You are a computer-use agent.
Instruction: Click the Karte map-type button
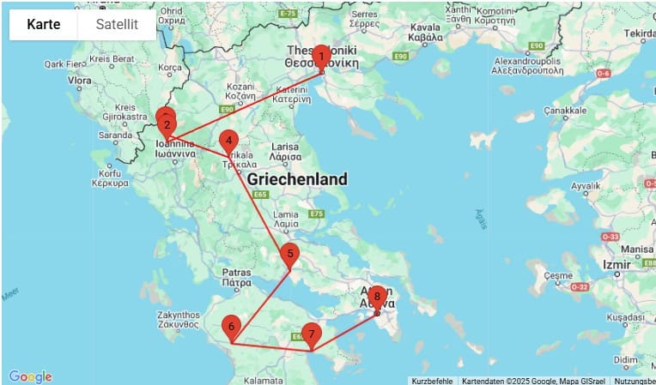point(44,25)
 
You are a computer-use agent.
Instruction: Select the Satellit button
point(117,25)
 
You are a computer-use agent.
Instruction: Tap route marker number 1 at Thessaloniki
point(320,57)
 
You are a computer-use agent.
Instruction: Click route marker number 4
point(228,141)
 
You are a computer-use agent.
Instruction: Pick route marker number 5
point(290,253)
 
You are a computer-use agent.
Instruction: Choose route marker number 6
point(231,327)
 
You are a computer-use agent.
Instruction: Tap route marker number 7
point(311,334)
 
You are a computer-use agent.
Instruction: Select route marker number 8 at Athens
point(376,297)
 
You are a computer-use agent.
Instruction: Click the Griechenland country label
point(297,179)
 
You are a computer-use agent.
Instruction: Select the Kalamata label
point(263,379)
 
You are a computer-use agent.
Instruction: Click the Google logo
point(31,376)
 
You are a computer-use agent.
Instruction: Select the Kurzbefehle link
point(431,381)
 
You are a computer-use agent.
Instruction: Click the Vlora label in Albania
point(80,81)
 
